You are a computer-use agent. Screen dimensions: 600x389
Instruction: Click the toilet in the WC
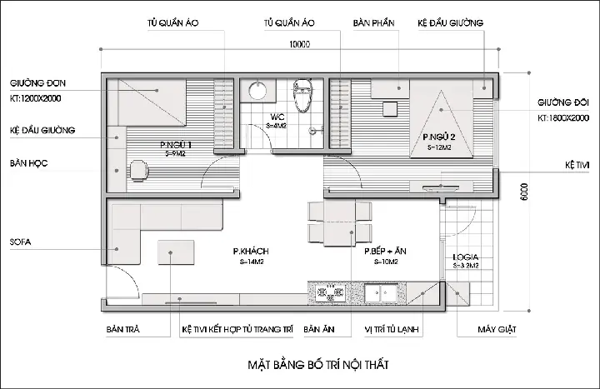click(303, 96)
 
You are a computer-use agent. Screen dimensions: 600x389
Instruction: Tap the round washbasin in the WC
click(257, 91)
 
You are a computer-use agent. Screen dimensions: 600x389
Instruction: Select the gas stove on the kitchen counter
click(330, 293)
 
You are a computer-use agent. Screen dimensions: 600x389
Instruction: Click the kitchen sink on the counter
click(381, 293)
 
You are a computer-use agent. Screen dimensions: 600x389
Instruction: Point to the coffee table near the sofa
click(176, 252)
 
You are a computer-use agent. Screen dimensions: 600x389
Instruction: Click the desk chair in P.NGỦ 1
click(138, 170)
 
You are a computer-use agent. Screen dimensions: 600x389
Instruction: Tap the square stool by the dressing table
click(390, 109)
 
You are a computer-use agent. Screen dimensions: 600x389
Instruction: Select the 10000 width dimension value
click(299, 44)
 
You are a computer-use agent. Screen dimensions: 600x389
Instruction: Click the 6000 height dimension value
click(524, 192)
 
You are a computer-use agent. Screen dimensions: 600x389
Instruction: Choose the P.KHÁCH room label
click(251, 252)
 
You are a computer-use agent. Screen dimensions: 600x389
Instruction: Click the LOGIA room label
click(465, 257)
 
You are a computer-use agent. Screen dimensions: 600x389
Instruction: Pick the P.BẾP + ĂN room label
click(385, 252)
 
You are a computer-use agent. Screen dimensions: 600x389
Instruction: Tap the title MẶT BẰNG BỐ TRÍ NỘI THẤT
click(318, 365)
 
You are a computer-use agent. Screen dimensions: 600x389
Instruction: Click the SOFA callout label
click(20, 242)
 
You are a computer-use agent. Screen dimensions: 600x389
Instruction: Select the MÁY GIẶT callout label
click(497, 329)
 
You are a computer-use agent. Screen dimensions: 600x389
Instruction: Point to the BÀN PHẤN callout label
click(373, 23)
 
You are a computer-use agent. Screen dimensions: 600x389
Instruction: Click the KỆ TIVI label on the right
click(577, 165)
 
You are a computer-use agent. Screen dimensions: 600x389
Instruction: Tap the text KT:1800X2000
click(563, 118)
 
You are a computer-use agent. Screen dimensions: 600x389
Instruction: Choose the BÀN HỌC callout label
click(28, 163)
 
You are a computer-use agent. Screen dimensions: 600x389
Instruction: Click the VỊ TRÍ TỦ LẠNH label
click(392, 329)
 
